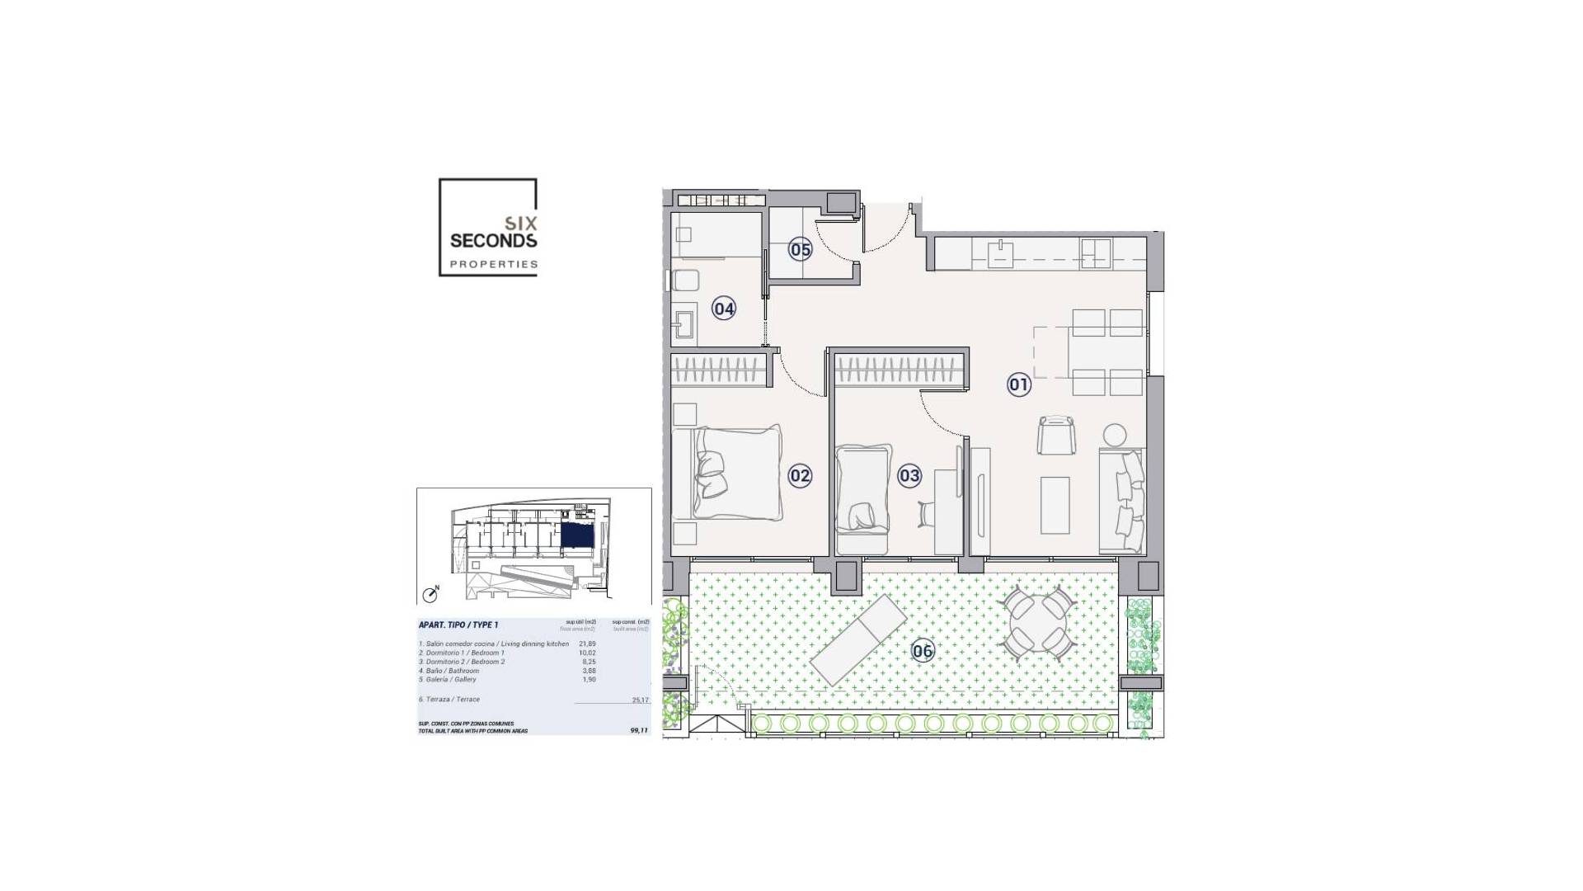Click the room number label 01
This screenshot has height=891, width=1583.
click(x=1019, y=384)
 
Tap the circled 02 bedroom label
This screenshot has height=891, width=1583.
click(x=800, y=476)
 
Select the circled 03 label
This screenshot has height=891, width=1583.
click(x=909, y=476)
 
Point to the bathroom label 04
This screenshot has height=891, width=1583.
click(x=724, y=309)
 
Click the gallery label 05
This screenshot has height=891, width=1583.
click(x=801, y=249)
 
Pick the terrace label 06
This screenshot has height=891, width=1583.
click(x=923, y=652)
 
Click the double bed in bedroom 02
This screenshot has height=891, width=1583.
click(x=738, y=473)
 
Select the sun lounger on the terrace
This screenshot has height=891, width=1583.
click(x=858, y=639)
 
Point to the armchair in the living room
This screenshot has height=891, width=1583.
click(x=1056, y=434)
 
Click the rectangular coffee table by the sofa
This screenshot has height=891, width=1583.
click(x=1055, y=505)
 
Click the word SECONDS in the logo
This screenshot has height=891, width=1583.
click(x=493, y=241)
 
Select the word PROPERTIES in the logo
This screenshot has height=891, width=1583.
click(x=493, y=265)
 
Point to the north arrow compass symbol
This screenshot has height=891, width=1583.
click(x=430, y=594)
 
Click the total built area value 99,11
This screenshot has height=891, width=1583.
click(x=639, y=730)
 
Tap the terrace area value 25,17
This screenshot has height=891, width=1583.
click(x=640, y=700)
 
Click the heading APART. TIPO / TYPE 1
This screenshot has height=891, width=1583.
click(x=458, y=625)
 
